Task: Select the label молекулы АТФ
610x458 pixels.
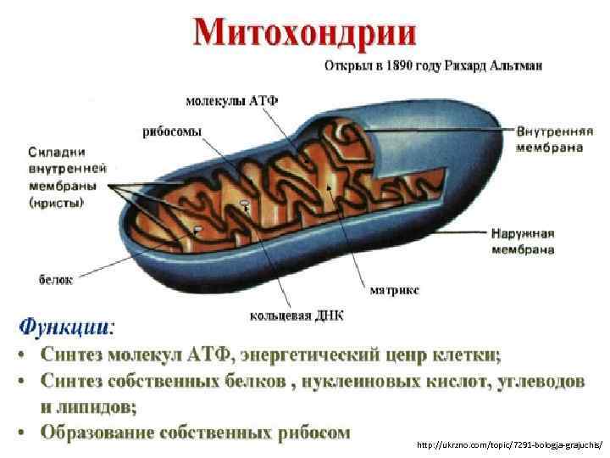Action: [231, 100]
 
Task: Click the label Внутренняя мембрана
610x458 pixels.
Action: [555, 139]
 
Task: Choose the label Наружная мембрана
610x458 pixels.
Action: [535, 240]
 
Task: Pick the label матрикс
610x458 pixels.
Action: [394, 289]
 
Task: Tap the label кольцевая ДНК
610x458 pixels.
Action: [297, 316]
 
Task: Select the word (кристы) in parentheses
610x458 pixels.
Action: [56, 203]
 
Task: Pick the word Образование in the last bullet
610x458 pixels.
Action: [103, 433]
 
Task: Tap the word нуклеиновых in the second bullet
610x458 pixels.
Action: [361, 381]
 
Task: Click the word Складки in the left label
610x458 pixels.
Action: [57, 152]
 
